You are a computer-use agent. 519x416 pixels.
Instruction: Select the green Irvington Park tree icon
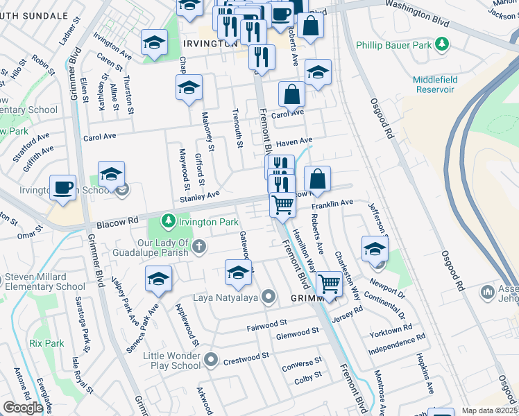[167, 221]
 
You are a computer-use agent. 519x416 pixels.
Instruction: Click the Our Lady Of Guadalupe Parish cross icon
[199, 246]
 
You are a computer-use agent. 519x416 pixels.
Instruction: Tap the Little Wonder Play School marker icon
[212, 361]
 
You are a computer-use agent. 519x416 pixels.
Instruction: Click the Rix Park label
[46, 343]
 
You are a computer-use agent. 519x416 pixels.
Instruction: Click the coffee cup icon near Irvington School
[62, 188]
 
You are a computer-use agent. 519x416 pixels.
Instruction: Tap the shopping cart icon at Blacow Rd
[282, 205]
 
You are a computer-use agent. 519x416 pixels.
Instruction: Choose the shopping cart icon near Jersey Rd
[329, 282]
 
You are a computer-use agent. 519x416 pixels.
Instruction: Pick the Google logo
[23, 407]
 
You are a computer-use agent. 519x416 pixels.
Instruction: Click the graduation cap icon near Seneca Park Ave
[158, 279]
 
